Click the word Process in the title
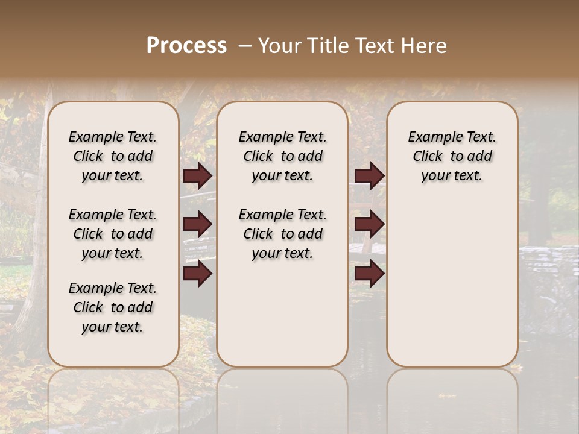[x=186, y=45]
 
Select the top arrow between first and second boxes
[x=197, y=175]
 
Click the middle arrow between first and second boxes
[x=197, y=224]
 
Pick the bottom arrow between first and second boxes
[x=197, y=274]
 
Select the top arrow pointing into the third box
[x=369, y=175]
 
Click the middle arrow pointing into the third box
[x=369, y=224]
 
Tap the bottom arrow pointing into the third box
[x=369, y=274]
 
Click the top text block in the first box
[x=113, y=156]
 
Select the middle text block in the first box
[x=113, y=234]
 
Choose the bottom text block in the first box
[x=113, y=307]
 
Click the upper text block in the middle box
[x=282, y=156]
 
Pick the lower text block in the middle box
[x=282, y=234]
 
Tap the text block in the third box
[x=452, y=156]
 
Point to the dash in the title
[x=244, y=46]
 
